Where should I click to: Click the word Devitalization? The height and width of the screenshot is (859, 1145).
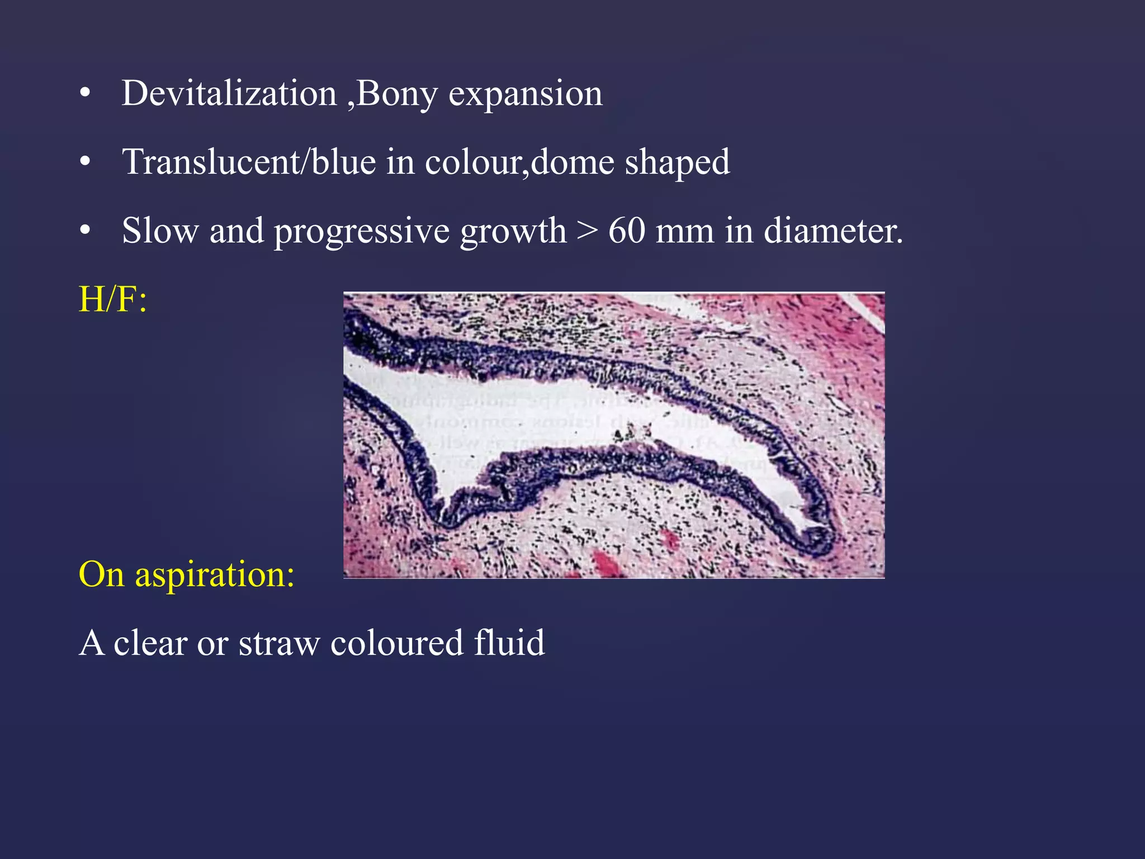[229, 93]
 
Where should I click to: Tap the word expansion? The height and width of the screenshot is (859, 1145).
[526, 93]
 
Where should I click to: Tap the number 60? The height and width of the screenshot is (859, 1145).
[626, 230]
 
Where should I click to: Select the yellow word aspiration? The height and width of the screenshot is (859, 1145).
[215, 575]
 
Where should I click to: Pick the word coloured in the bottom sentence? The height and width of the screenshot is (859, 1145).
[396, 643]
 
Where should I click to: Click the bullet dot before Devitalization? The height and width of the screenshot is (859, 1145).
[85, 94]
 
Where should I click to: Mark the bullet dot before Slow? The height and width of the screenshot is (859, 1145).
[85, 230]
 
